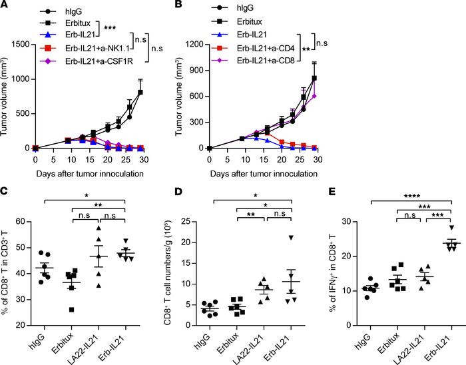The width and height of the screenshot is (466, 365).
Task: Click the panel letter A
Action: pyautogui.click(x=5, y=5)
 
